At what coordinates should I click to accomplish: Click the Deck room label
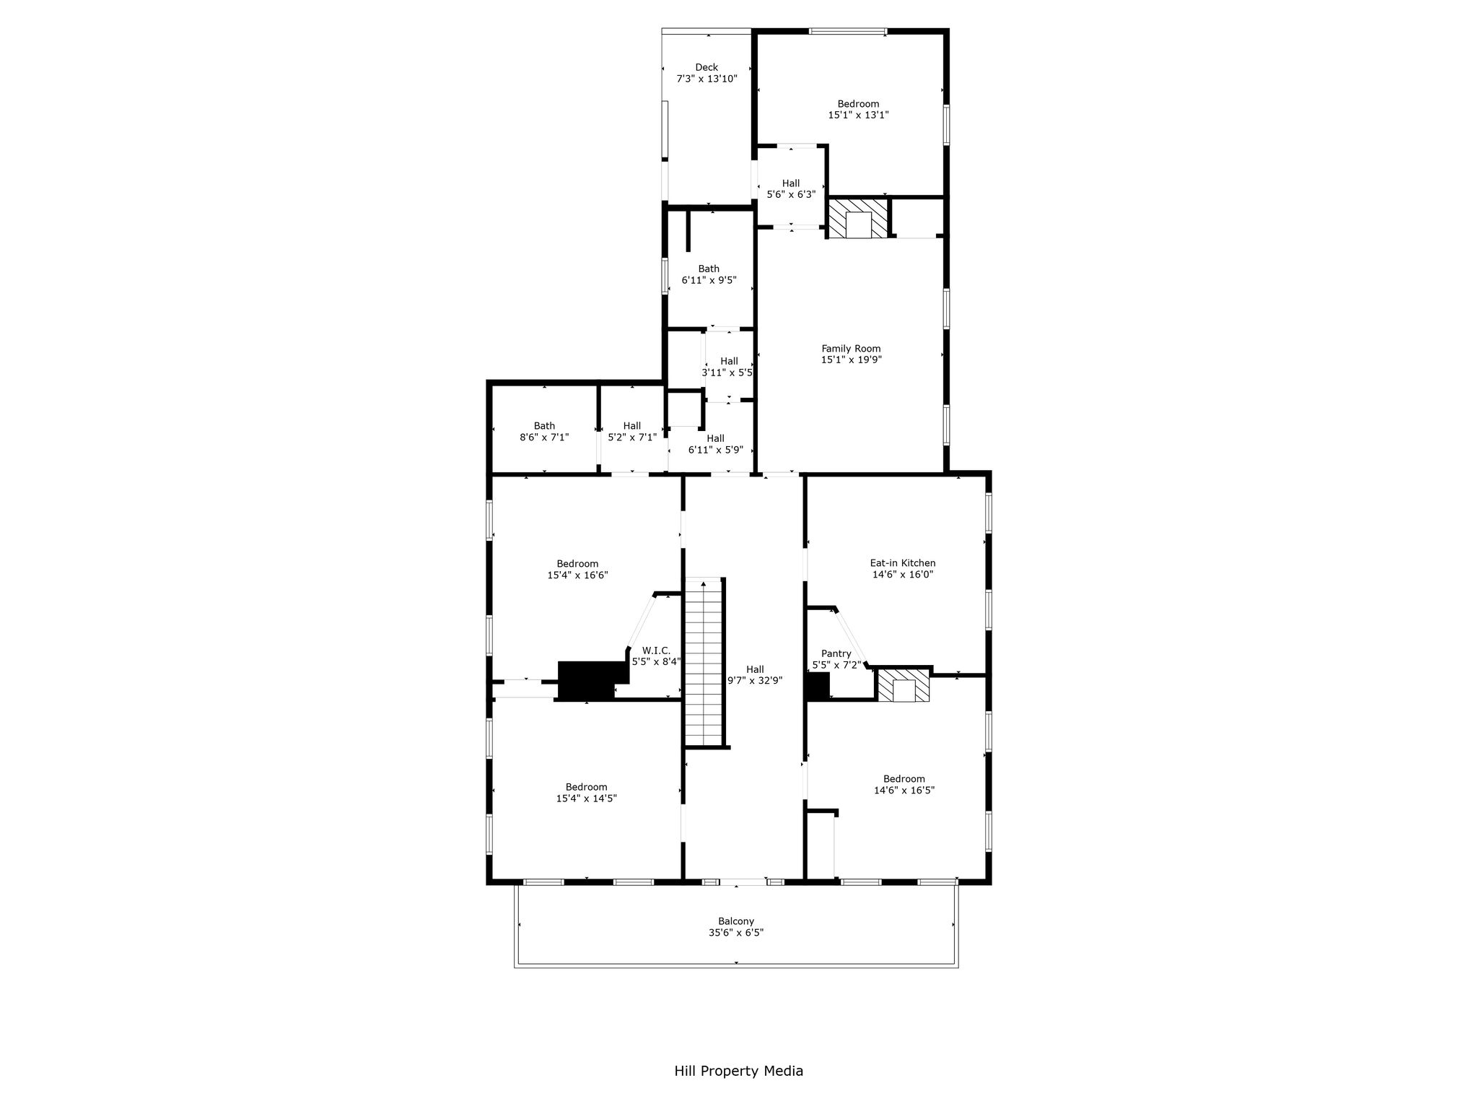tap(707, 67)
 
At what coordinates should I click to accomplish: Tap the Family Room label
tap(851, 349)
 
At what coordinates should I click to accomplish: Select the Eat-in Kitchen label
tap(903, 563)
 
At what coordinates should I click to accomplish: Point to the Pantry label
tap(836, 653)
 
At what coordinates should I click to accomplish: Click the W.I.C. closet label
tap(656, 650)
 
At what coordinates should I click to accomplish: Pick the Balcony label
tap(736, 921)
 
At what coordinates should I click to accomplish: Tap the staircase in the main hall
tap(704, 661)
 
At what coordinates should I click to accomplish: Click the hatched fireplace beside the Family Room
tap(859, 219)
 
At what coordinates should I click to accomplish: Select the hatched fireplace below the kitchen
tap(904, 685)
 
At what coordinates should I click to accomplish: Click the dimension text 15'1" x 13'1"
tap(858, 115)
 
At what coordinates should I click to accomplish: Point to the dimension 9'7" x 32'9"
tap(755, 680)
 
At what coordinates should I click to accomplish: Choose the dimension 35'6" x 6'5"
tap(736, 933)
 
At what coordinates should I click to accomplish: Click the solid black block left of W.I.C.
tap(587, 681)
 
